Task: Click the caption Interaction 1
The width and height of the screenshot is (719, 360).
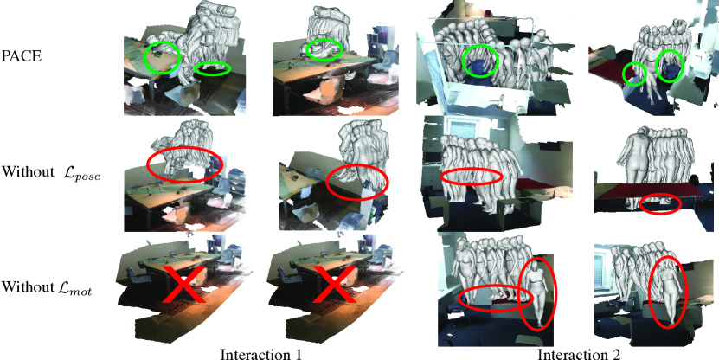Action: pos(261,354)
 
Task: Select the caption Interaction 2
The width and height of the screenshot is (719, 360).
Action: pos(578,354)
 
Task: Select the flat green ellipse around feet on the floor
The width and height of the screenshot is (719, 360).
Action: pos(212,68)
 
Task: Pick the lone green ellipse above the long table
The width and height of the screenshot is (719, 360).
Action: pos(324,49)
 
